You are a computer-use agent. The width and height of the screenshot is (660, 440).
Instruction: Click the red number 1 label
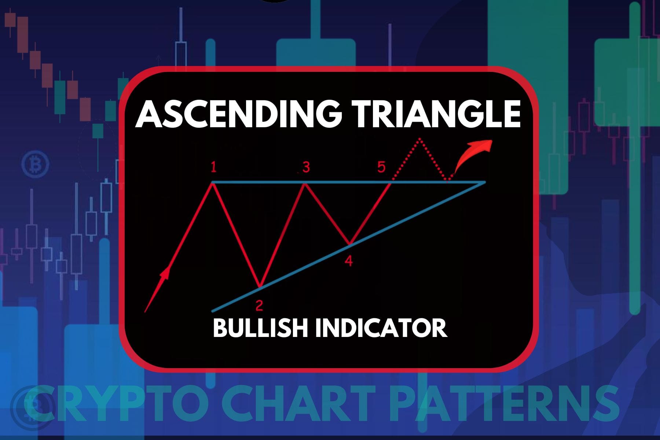click(x=213, y=168)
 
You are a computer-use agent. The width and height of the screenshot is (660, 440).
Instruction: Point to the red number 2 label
click(x=259, y=305)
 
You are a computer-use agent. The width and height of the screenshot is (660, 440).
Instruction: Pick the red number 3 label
click(x=306, y=168)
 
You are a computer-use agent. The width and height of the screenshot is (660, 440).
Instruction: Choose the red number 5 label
click(x=381, y=167)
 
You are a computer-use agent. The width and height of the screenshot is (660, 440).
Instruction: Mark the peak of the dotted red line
click(x=420, y=139)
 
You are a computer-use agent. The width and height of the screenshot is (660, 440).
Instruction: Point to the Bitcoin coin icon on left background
click(x=36, y=164)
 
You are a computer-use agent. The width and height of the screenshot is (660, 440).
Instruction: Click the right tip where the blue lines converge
click(x=485, y=182)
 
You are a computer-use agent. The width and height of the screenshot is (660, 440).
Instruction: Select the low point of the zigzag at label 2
click(x=260, y=286)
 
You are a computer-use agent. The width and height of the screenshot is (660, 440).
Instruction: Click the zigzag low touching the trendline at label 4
click(x=350, y=243)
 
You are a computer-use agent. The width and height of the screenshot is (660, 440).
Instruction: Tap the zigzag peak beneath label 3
click(x=304, y=183)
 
